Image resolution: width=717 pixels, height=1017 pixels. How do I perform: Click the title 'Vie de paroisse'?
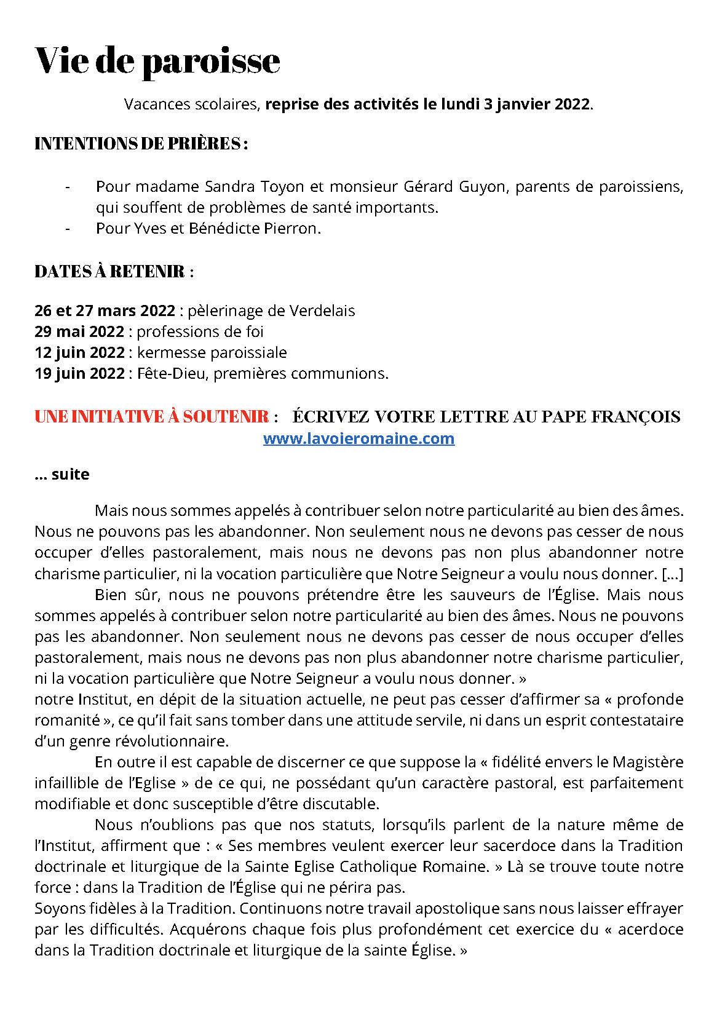[157, 61]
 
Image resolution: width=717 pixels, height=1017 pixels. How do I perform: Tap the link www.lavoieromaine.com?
[358, 438]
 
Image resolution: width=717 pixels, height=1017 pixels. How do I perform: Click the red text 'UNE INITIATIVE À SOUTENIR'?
[151, 417]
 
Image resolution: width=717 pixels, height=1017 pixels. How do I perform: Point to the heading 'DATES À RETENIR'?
[109, 272]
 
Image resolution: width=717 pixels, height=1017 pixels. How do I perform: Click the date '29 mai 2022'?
[79, 332]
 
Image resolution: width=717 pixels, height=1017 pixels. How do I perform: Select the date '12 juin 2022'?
[79, 353]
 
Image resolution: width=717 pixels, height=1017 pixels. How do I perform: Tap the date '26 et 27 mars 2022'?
[105, 311]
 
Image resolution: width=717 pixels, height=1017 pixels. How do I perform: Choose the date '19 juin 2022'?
[79, 374]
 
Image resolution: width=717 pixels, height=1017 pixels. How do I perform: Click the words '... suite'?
[62, 475]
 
